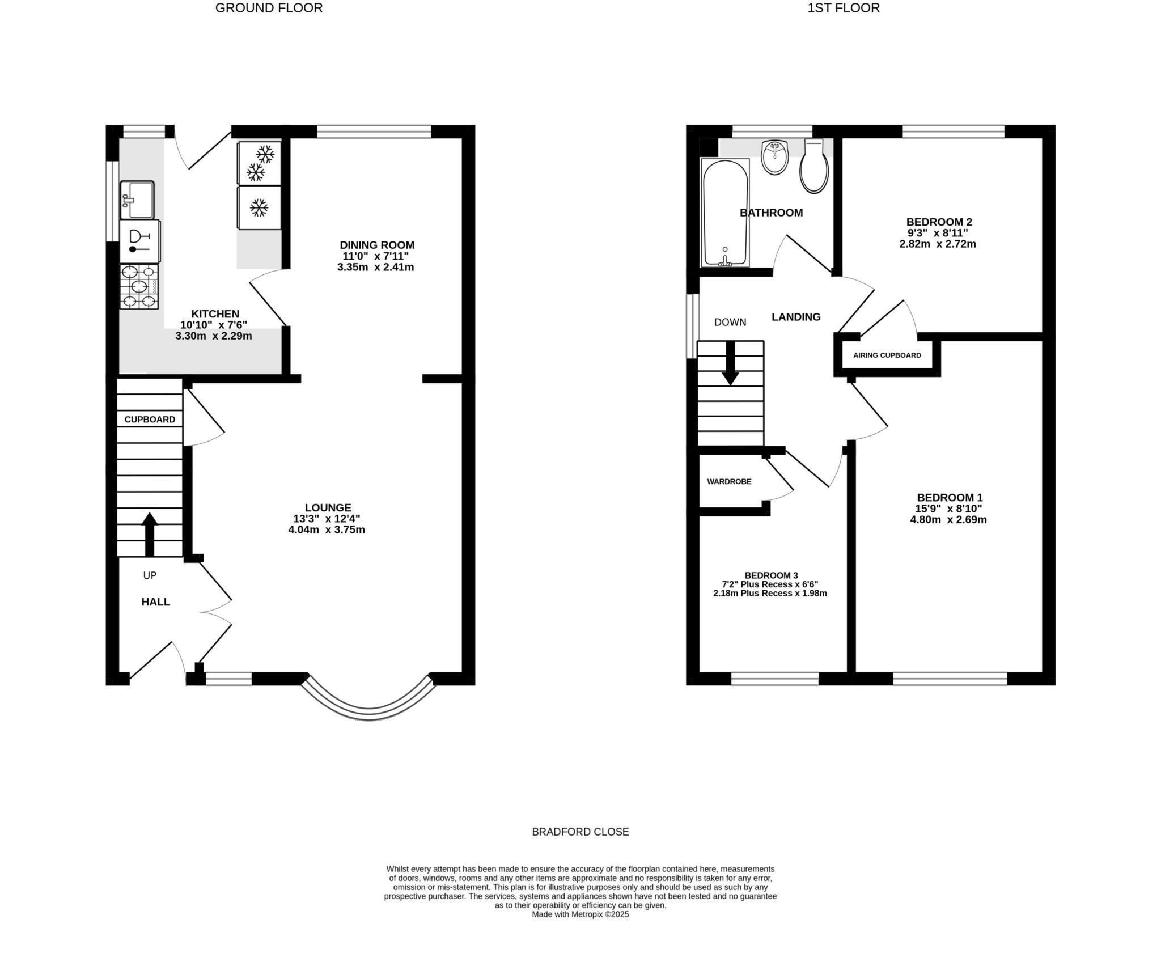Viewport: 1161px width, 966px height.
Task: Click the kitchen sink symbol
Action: pyautogui.click(x=137, y=200)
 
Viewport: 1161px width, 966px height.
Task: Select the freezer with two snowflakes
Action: pyautogui.click(x=260, y=163)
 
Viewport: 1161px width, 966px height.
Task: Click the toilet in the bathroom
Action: pyautogui.click(x=814, y=167)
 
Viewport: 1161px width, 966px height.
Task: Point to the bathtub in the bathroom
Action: pyautogui.click(x=725, y=213)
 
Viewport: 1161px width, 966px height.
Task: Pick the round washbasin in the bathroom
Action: pyautogui.click(x=775, y=157)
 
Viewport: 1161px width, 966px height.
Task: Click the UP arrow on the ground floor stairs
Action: pyautogui.click(x=150, y=533)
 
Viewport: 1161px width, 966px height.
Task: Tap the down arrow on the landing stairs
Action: pyautogui.click(x=730, y=363)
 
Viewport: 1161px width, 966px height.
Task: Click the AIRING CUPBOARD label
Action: pyautogui.click(x=887, y=355)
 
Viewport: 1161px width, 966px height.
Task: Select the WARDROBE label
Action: pyautogui.click(x=729, y=482)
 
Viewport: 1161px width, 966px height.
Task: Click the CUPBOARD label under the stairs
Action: pyautogui.click(x=150, y=420)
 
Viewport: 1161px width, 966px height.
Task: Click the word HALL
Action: pyautogui.click(x=155, y=602)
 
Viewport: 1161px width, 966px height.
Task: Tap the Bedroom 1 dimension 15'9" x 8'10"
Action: pyautogui.click(x=948, y=509)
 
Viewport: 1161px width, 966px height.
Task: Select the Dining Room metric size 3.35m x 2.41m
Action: pyautogui.click(x=375, y=267)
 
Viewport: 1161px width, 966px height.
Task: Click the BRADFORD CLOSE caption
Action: pyautogui.click(x=580, y=832)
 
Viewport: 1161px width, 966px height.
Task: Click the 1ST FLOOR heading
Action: pyautogui.click(x=844, y=8)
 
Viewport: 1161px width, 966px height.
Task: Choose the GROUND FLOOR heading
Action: pyautogui.click(x=269, y=8)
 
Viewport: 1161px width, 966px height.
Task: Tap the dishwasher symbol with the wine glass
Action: pyautogui.click(x=139, y=241)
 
